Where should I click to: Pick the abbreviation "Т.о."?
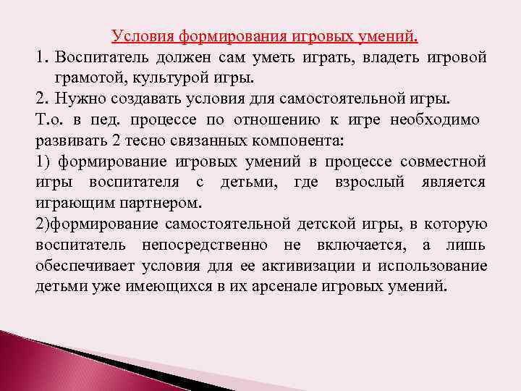(x=48, y=119)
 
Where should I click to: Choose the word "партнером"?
(x=155, y=203)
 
